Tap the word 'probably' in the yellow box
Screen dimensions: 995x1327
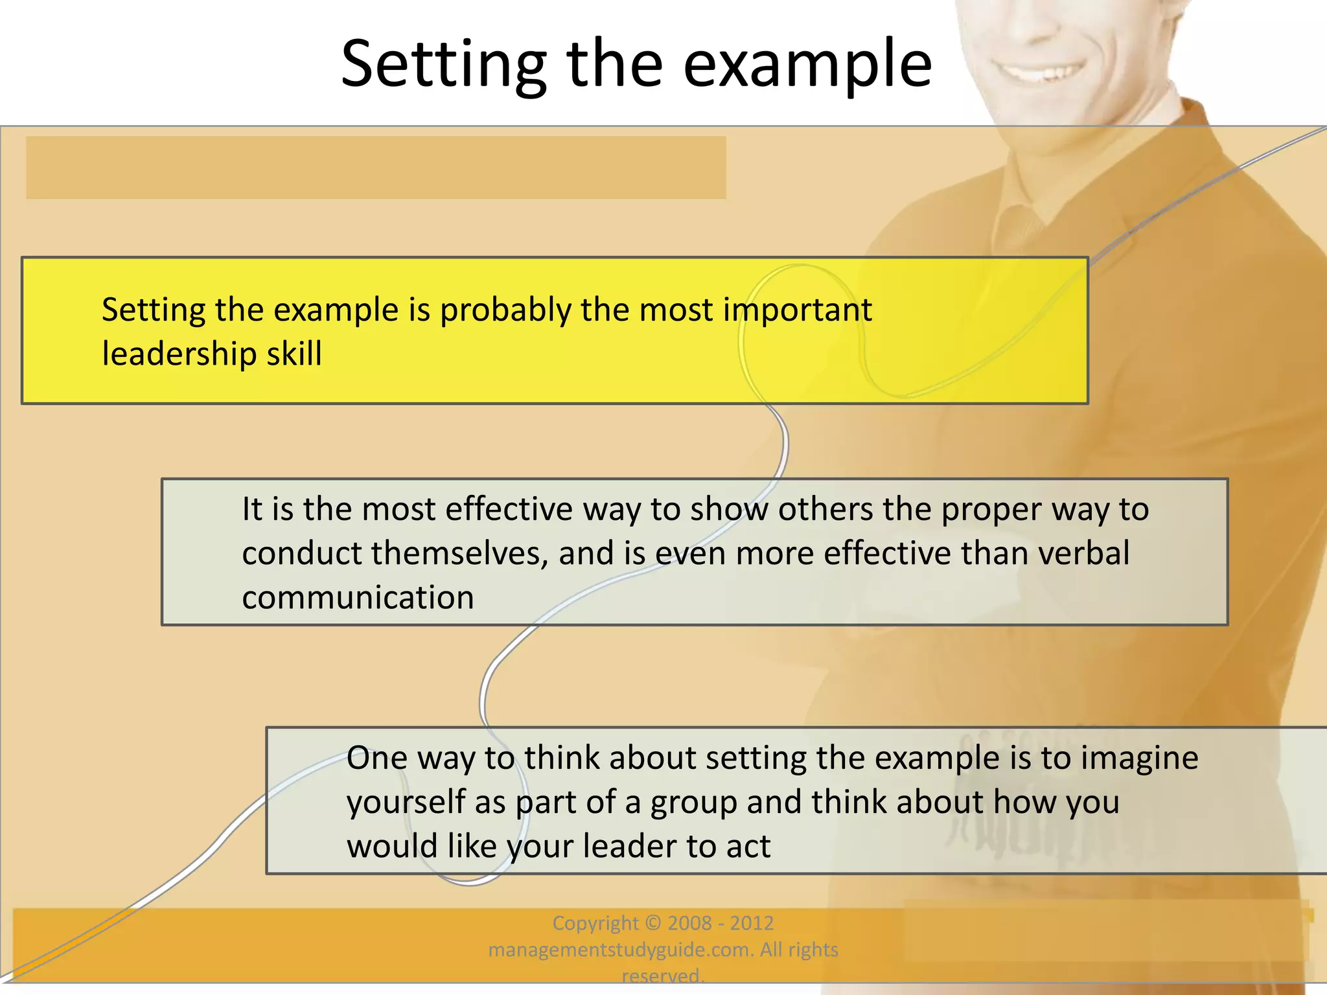505,310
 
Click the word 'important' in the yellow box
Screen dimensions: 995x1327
797,310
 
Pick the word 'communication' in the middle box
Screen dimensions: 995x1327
358,597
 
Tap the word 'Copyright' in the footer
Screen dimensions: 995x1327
595,922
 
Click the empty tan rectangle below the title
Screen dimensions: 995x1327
376,167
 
